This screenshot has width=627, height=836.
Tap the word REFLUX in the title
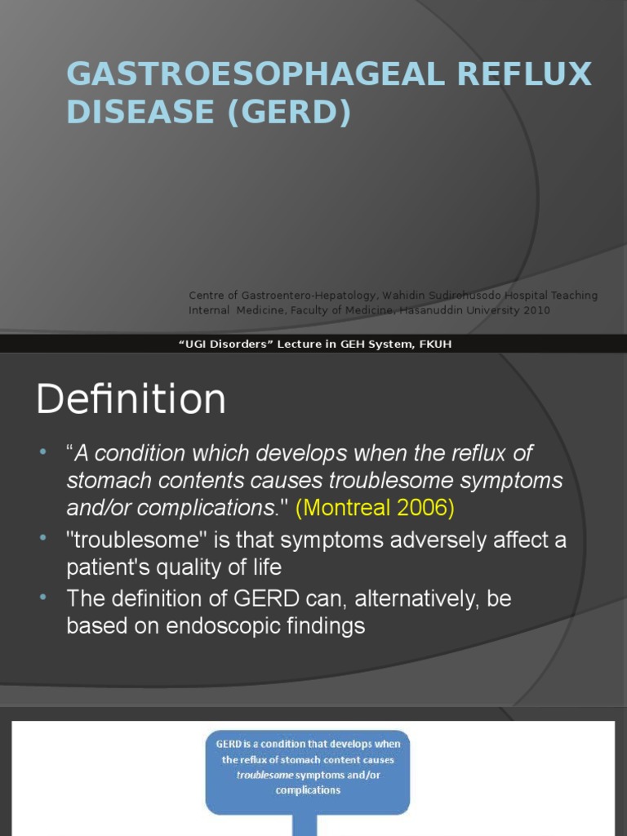pos(524,74)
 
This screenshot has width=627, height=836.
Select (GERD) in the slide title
pos(289,112)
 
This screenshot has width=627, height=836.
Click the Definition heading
pos(131,400)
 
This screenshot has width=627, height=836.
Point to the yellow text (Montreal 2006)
pos(375,508)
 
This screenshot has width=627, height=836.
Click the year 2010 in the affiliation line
pos(536,310)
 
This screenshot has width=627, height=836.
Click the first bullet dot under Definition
pos(43,452)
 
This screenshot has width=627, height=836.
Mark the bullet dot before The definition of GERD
pos(43,598)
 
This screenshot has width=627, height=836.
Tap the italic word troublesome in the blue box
pos(265,775)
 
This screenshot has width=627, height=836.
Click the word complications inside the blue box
pos(308,790)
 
